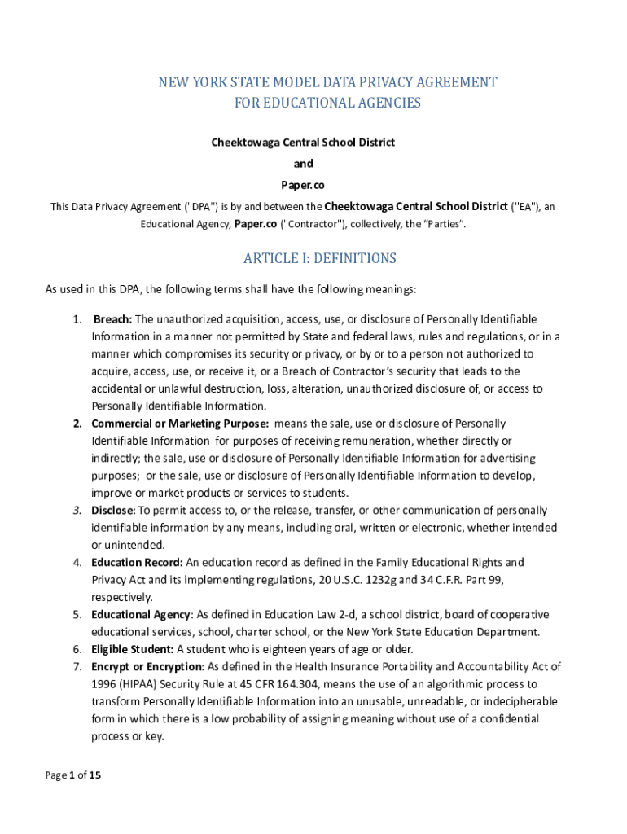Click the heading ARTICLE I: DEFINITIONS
click(320, 258)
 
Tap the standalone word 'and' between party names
click(303, 164)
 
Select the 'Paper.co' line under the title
click(303, 185)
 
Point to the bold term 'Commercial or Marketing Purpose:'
click(180, 424)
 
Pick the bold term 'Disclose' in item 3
click(112, 511)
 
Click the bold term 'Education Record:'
click(138, 562)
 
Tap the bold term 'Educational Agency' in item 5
click(141, 614)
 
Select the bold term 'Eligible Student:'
click(133, 649)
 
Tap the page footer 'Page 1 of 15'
click(73, 775)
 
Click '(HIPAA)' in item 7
click(142, 684)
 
